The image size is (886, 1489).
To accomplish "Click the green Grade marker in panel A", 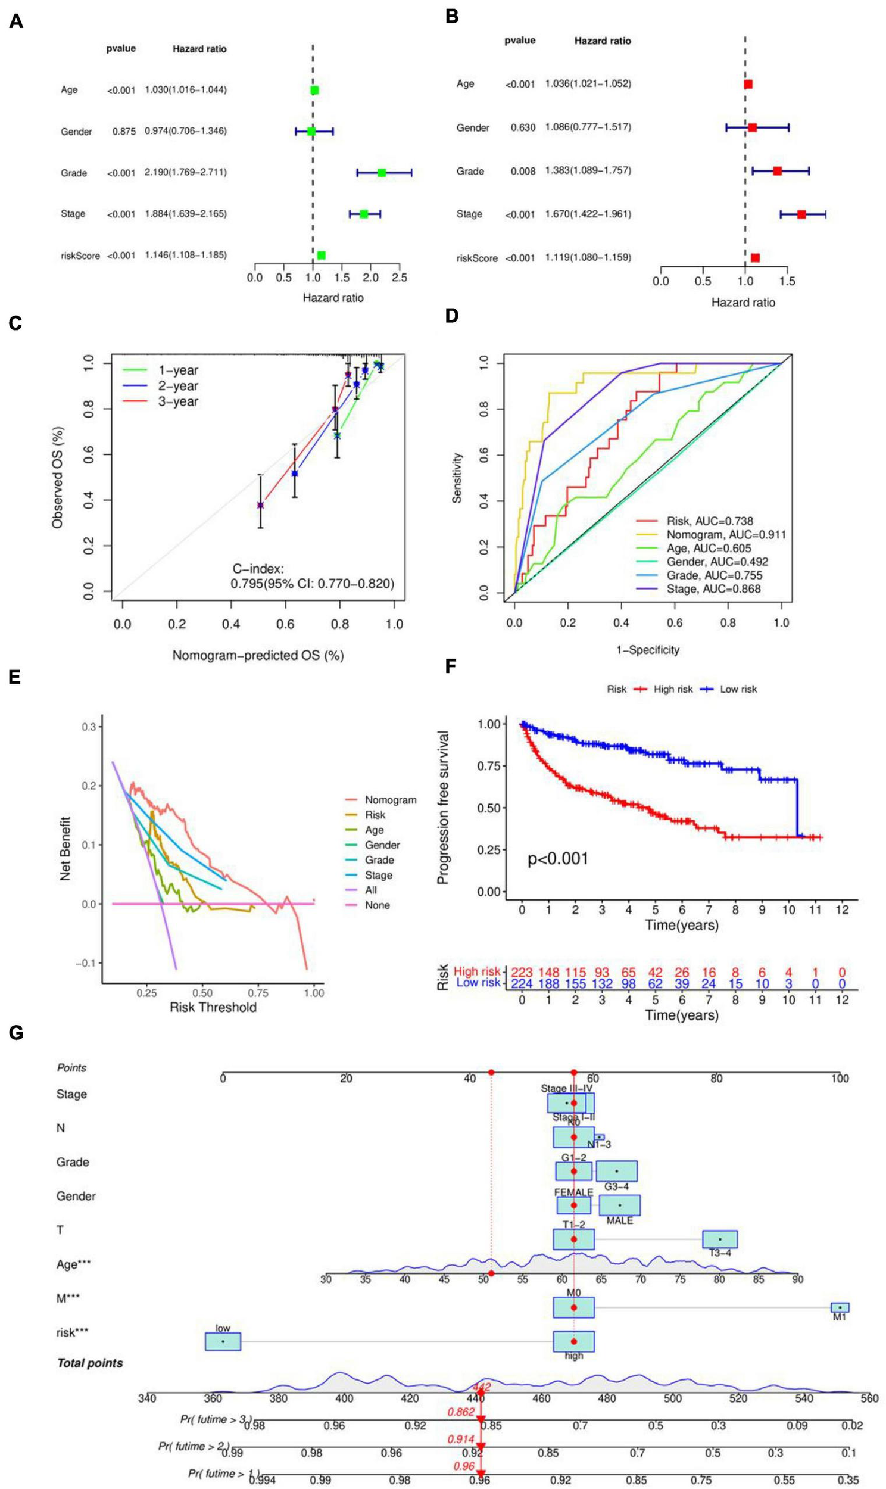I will click(382, 173).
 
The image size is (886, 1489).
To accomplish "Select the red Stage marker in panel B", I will click(801, 214).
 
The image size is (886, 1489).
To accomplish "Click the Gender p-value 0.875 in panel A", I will click(124, 132).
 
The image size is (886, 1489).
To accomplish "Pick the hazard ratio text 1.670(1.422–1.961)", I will click(588, 214).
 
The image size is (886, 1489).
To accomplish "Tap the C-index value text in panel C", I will click(312, 583).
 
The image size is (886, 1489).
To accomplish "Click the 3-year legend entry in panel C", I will click(178, 402).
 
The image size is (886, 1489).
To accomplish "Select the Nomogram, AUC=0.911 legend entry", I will click(726, 535).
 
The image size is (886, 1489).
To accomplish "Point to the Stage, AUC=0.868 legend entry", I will click(713, 589).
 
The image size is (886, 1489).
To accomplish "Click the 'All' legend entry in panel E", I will click(371, 890).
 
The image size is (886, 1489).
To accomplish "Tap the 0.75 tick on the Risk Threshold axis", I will click(258, 993).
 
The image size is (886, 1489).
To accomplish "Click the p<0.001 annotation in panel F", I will click(558, 858).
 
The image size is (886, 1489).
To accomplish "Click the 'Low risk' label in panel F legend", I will click(738, 689).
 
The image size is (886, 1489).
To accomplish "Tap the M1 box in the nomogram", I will click(840, 1307).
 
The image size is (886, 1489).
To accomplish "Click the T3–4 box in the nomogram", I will click(719, 1239).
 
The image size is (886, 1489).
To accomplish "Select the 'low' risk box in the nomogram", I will click(223, 1341).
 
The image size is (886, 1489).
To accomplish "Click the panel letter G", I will click(16, 1033).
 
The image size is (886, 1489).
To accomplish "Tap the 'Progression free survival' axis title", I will click(443, 808).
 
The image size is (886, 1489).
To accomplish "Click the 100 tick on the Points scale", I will click(840, 1078).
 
